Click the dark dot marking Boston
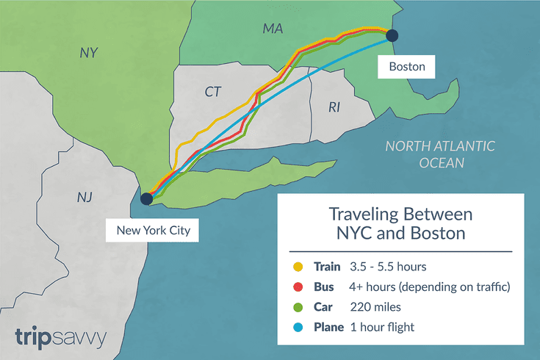tap(392, 35)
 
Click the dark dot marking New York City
tap(146, 198)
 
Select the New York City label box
tap(153, 231)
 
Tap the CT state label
tap(213, 93)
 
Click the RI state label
tap(334, 108)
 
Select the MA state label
tap(273, 29)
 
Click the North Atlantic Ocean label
tap(441, 154)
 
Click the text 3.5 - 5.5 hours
tap(387, 266)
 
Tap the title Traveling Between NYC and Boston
tap(400, 225)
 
